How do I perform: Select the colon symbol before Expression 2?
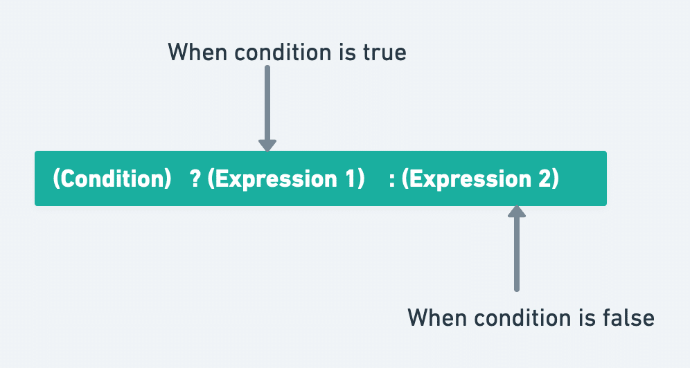(391, 178)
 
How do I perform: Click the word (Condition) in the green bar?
(112, 178)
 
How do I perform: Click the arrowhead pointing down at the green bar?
(267, 145)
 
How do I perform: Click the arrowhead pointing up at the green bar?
(517, 210)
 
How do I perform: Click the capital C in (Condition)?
(67, 178)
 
